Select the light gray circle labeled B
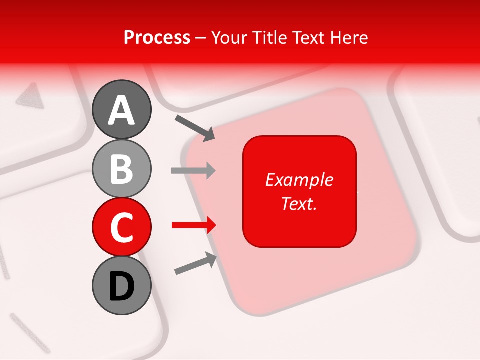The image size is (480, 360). tap(122, 169)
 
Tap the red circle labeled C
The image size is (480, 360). tap(122, 227)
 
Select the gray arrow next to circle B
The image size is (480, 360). tap(193, 171)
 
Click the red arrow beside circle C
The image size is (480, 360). tap(193, 225)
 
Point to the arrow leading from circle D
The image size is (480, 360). tap(195, 264)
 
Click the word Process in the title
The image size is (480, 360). tap(157, 38)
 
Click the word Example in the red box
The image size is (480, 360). tap(299, 180)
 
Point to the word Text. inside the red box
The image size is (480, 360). tap(299, 203)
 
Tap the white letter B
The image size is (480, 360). tap(122, 169)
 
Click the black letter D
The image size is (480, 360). tap(122, 286)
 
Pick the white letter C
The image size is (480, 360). tap(122, 227)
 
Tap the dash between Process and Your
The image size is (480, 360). tap(201, 38)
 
